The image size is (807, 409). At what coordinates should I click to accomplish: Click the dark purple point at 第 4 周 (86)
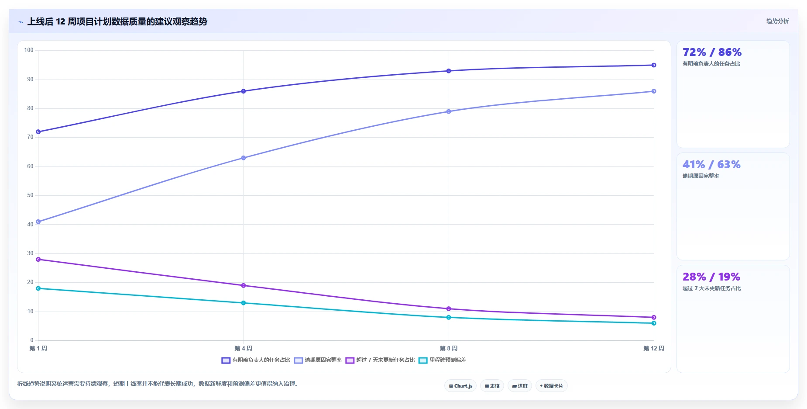coord(244,91)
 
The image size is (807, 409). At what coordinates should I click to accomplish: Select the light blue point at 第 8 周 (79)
coord(449,111)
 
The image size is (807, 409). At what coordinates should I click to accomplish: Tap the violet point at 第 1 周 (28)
coord(38,260)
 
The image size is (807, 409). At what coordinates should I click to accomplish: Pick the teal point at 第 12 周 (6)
coord(654,323)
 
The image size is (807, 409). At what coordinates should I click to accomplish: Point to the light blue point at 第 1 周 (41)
coord(38,222)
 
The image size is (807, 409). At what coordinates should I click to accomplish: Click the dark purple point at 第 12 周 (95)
coord(654,65)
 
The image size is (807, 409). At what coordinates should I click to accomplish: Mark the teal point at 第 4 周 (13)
coord(244,303)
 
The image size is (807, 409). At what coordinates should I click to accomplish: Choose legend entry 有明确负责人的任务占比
coord(256,360)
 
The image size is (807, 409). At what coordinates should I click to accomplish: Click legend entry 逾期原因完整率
coord(318,360)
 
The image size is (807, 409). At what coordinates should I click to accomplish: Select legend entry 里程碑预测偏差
coord(443,360)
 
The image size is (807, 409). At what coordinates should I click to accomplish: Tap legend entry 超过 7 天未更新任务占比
coord(380,360)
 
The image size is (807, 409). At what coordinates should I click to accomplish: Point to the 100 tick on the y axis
coord(29,50)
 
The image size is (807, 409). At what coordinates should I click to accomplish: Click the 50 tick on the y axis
coord(30,195)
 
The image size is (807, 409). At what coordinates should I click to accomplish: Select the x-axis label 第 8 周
coord(449,348)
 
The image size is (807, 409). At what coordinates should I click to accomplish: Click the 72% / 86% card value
coord(712,52)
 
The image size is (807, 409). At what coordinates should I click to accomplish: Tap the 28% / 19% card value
coord(711,277)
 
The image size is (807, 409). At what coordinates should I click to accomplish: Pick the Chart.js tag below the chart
coord(460,386)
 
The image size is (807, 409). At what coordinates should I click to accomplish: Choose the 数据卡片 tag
coord(552,386)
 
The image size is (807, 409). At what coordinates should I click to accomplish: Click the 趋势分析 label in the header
coord(777,21)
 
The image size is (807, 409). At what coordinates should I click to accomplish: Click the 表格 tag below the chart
coord(492,386)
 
